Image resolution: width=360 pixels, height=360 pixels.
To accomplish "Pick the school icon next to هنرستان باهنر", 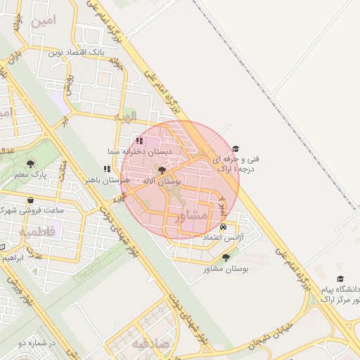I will point(107,169).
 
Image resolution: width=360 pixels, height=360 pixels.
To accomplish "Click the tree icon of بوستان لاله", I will point(162,170).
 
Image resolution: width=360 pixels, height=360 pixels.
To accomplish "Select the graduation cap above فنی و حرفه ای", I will point(236,148).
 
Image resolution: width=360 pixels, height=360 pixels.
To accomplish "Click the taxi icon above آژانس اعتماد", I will point(223,227).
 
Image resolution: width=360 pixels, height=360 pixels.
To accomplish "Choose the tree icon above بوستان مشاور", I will point(225,258).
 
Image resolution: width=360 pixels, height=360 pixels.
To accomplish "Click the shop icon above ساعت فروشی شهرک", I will point(30,200).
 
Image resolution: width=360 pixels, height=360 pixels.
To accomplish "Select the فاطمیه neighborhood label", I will point(39,231).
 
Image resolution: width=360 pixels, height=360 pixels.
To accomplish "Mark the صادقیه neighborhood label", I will point(149,345).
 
